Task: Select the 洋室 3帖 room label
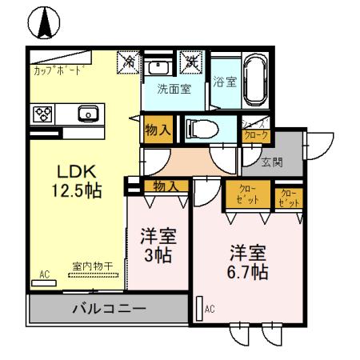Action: pos(158,246)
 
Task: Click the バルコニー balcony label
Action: pos(108,308)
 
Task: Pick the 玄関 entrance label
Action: pos(272,162)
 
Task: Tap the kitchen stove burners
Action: pos(42,114)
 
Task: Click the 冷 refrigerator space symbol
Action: pos(128,61)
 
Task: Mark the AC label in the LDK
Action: pos(44,274)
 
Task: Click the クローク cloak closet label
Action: pos(256,133)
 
